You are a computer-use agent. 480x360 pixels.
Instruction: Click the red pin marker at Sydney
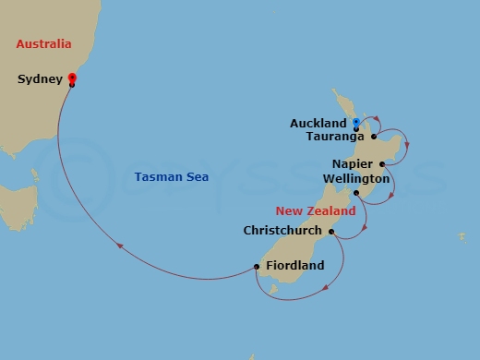[x=72, y=78]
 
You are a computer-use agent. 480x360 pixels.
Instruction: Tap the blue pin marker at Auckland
[x=355, y=122]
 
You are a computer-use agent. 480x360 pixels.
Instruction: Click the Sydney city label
[x=40, y=79]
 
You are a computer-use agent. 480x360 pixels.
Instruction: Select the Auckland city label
[x=318, y=123]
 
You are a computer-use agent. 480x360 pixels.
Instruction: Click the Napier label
[x=352, y=163]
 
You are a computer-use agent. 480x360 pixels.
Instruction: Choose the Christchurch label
[x=282, y=231]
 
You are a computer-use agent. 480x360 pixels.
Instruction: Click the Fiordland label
[x=294, y=266]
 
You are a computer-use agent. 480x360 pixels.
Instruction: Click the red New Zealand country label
[x=317, y=211]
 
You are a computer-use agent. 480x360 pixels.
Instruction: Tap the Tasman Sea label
[x=171, y=177]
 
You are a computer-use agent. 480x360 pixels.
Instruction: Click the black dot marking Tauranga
[x=374, y=137]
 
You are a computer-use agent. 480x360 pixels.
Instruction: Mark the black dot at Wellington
[x=356, y=192]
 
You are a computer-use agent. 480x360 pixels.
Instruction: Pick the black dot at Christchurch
[x=330, y=231]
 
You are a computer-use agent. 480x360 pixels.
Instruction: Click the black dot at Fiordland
[x=256, y=267]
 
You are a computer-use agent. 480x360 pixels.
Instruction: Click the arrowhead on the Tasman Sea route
[x=121, y=245]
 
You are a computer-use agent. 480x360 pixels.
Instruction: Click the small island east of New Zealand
[x=462, y=237]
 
